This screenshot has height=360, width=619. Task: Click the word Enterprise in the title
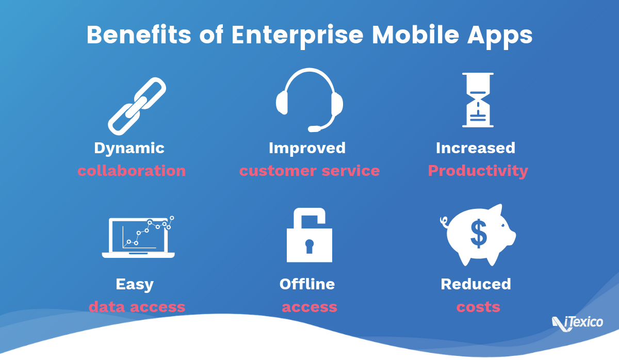(x=297, y=36)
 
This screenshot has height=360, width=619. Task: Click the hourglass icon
(x=478, y=100)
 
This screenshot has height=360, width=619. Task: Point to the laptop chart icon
(x=138, y=237)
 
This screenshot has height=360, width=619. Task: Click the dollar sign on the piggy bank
(x=478, y=234)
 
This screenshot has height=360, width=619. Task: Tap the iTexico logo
(x=578, y=323)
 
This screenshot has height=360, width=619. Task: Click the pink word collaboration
(x=132, y=171)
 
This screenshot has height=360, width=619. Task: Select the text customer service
(x=309, y=171)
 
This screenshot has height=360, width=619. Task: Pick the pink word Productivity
(x=478, y=171)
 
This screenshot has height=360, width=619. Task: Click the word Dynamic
(x=129, y=149)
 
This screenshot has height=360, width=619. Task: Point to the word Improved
(x=307, y=148)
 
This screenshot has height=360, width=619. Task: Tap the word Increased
(x=476, y=148)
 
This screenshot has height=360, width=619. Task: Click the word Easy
(x=135, y=284)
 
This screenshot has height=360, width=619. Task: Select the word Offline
(x=307, y=284)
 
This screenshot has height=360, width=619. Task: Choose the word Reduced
(x=476, y=284)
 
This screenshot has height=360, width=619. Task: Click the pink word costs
(x=478, y=307)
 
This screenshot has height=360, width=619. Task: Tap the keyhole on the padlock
(x=309, y=246)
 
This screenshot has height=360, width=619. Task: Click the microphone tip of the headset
(x=314, y=129)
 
